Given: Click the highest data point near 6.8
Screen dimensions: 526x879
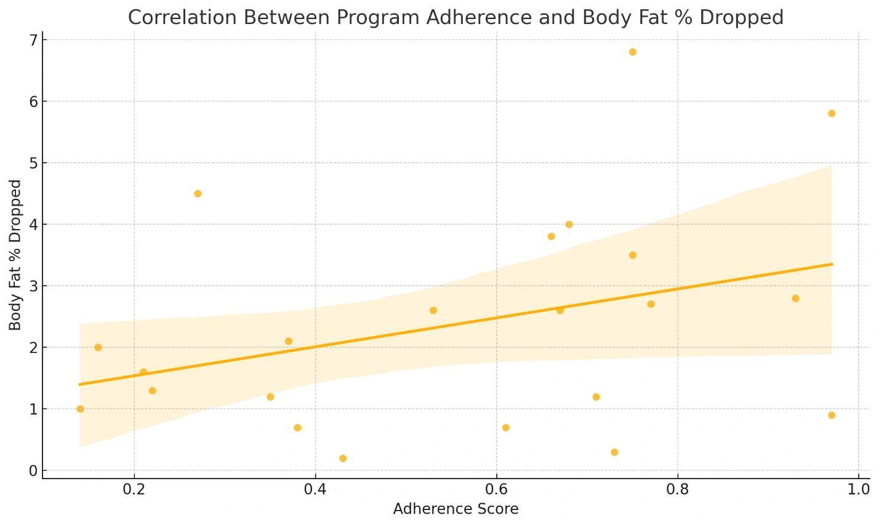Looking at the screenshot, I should coord(632,52).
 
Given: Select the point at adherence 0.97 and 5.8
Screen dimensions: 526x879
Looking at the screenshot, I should coord(832,113).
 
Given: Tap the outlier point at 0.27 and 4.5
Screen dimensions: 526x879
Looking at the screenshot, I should coord(198,193).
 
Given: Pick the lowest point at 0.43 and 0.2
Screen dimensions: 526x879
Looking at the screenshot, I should coord(343,458).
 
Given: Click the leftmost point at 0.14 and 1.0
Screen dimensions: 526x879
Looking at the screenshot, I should coord(80,409).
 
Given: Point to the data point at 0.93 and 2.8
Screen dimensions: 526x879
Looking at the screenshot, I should coord(795,298).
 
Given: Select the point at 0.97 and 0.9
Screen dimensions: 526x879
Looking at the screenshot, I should coord(832,415).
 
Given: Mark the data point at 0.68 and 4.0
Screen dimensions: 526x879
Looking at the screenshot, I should coord(569,224).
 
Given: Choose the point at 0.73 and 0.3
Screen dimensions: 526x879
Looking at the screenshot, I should coord(614,452).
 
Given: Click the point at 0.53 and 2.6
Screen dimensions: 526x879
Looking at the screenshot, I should coord(433,310).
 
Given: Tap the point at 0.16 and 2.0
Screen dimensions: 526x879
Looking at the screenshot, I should coord(98,347).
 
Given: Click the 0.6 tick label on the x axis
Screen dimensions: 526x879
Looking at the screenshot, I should coord(496,489).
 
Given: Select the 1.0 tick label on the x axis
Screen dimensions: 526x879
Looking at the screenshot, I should coord(858,489).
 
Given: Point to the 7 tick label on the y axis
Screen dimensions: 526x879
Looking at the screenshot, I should coord(33,40).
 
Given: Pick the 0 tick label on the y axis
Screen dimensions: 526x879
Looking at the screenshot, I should coord(33,471).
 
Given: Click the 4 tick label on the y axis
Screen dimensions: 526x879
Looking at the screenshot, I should coord(33,225).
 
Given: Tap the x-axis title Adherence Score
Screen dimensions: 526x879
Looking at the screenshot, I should coord(456,509).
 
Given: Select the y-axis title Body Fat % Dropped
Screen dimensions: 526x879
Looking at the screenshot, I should coord(15,255).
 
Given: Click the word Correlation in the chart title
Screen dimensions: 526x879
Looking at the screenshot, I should coord(169,17).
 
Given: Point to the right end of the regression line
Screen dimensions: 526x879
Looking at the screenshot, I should coord(832,264).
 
